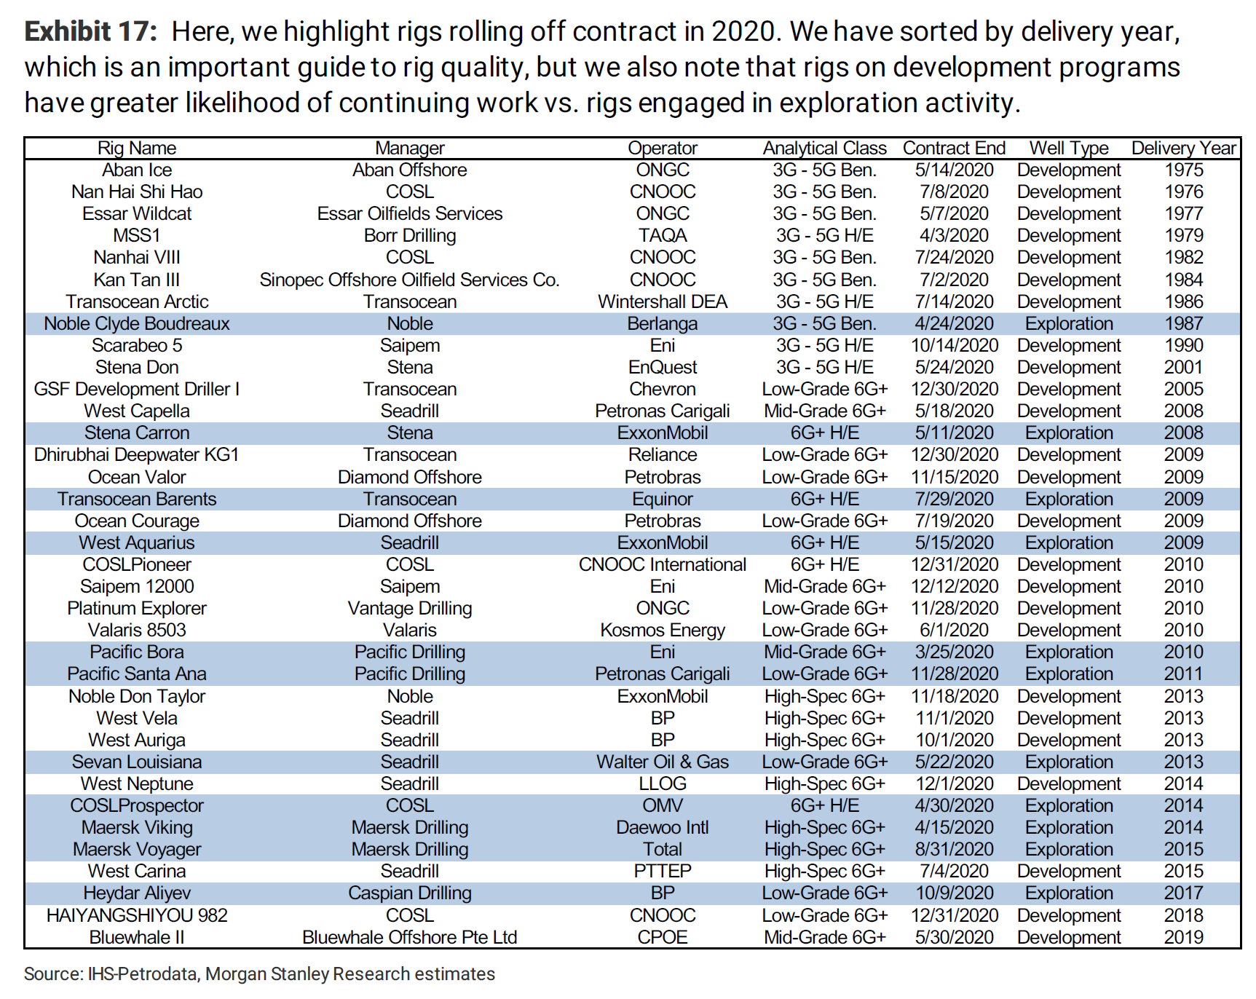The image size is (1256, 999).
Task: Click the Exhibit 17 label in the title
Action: click(x=90, y=32)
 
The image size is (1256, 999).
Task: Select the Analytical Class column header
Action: click(x=824, y=148)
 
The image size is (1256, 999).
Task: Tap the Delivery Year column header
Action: click(x=1183, y=148)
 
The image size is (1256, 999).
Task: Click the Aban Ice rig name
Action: click(x=137, y=170)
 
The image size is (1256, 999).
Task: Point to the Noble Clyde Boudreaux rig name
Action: click(x=137, y=323)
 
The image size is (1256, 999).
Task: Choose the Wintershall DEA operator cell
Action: click(x=663, y=301)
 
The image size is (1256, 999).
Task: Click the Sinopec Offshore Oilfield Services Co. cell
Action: click(x=409, y=280)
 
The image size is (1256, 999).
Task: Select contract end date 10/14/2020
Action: click(x=954, y=345)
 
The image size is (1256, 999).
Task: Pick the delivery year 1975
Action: click(x=1183, y=170)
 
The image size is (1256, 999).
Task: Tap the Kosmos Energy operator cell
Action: click(x=663, y=630)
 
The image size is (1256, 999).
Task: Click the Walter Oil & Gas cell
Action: click(x=663, y=762)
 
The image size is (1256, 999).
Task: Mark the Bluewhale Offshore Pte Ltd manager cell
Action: click(x=409, y=937)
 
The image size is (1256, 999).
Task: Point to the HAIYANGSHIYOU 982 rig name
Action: click(x=137, y=915)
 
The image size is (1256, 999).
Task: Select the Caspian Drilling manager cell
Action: click(x=409, y=893)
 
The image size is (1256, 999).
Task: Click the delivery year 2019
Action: click(x=1183, y=937)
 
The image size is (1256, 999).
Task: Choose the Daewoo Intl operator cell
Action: click(x=663, y=827)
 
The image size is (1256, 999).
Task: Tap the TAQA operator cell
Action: click(x=663, y=235)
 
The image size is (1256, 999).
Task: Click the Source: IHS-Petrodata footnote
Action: click(x=259, y=974)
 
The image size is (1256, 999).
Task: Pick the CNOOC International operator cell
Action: click(x=663, y=564)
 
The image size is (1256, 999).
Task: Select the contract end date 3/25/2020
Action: click(x=954, y=652)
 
